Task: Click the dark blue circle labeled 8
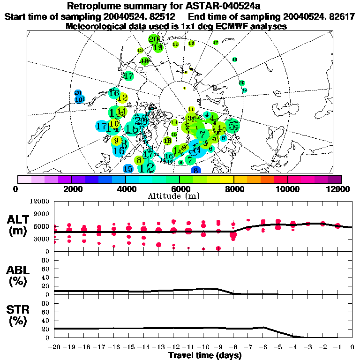coord(196,171)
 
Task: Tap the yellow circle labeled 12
coord(123,98)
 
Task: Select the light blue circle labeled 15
coord(128,169)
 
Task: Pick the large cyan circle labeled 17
coord(102,126)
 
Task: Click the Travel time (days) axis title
coord(205,355)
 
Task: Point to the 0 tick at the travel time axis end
coord(352,347)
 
